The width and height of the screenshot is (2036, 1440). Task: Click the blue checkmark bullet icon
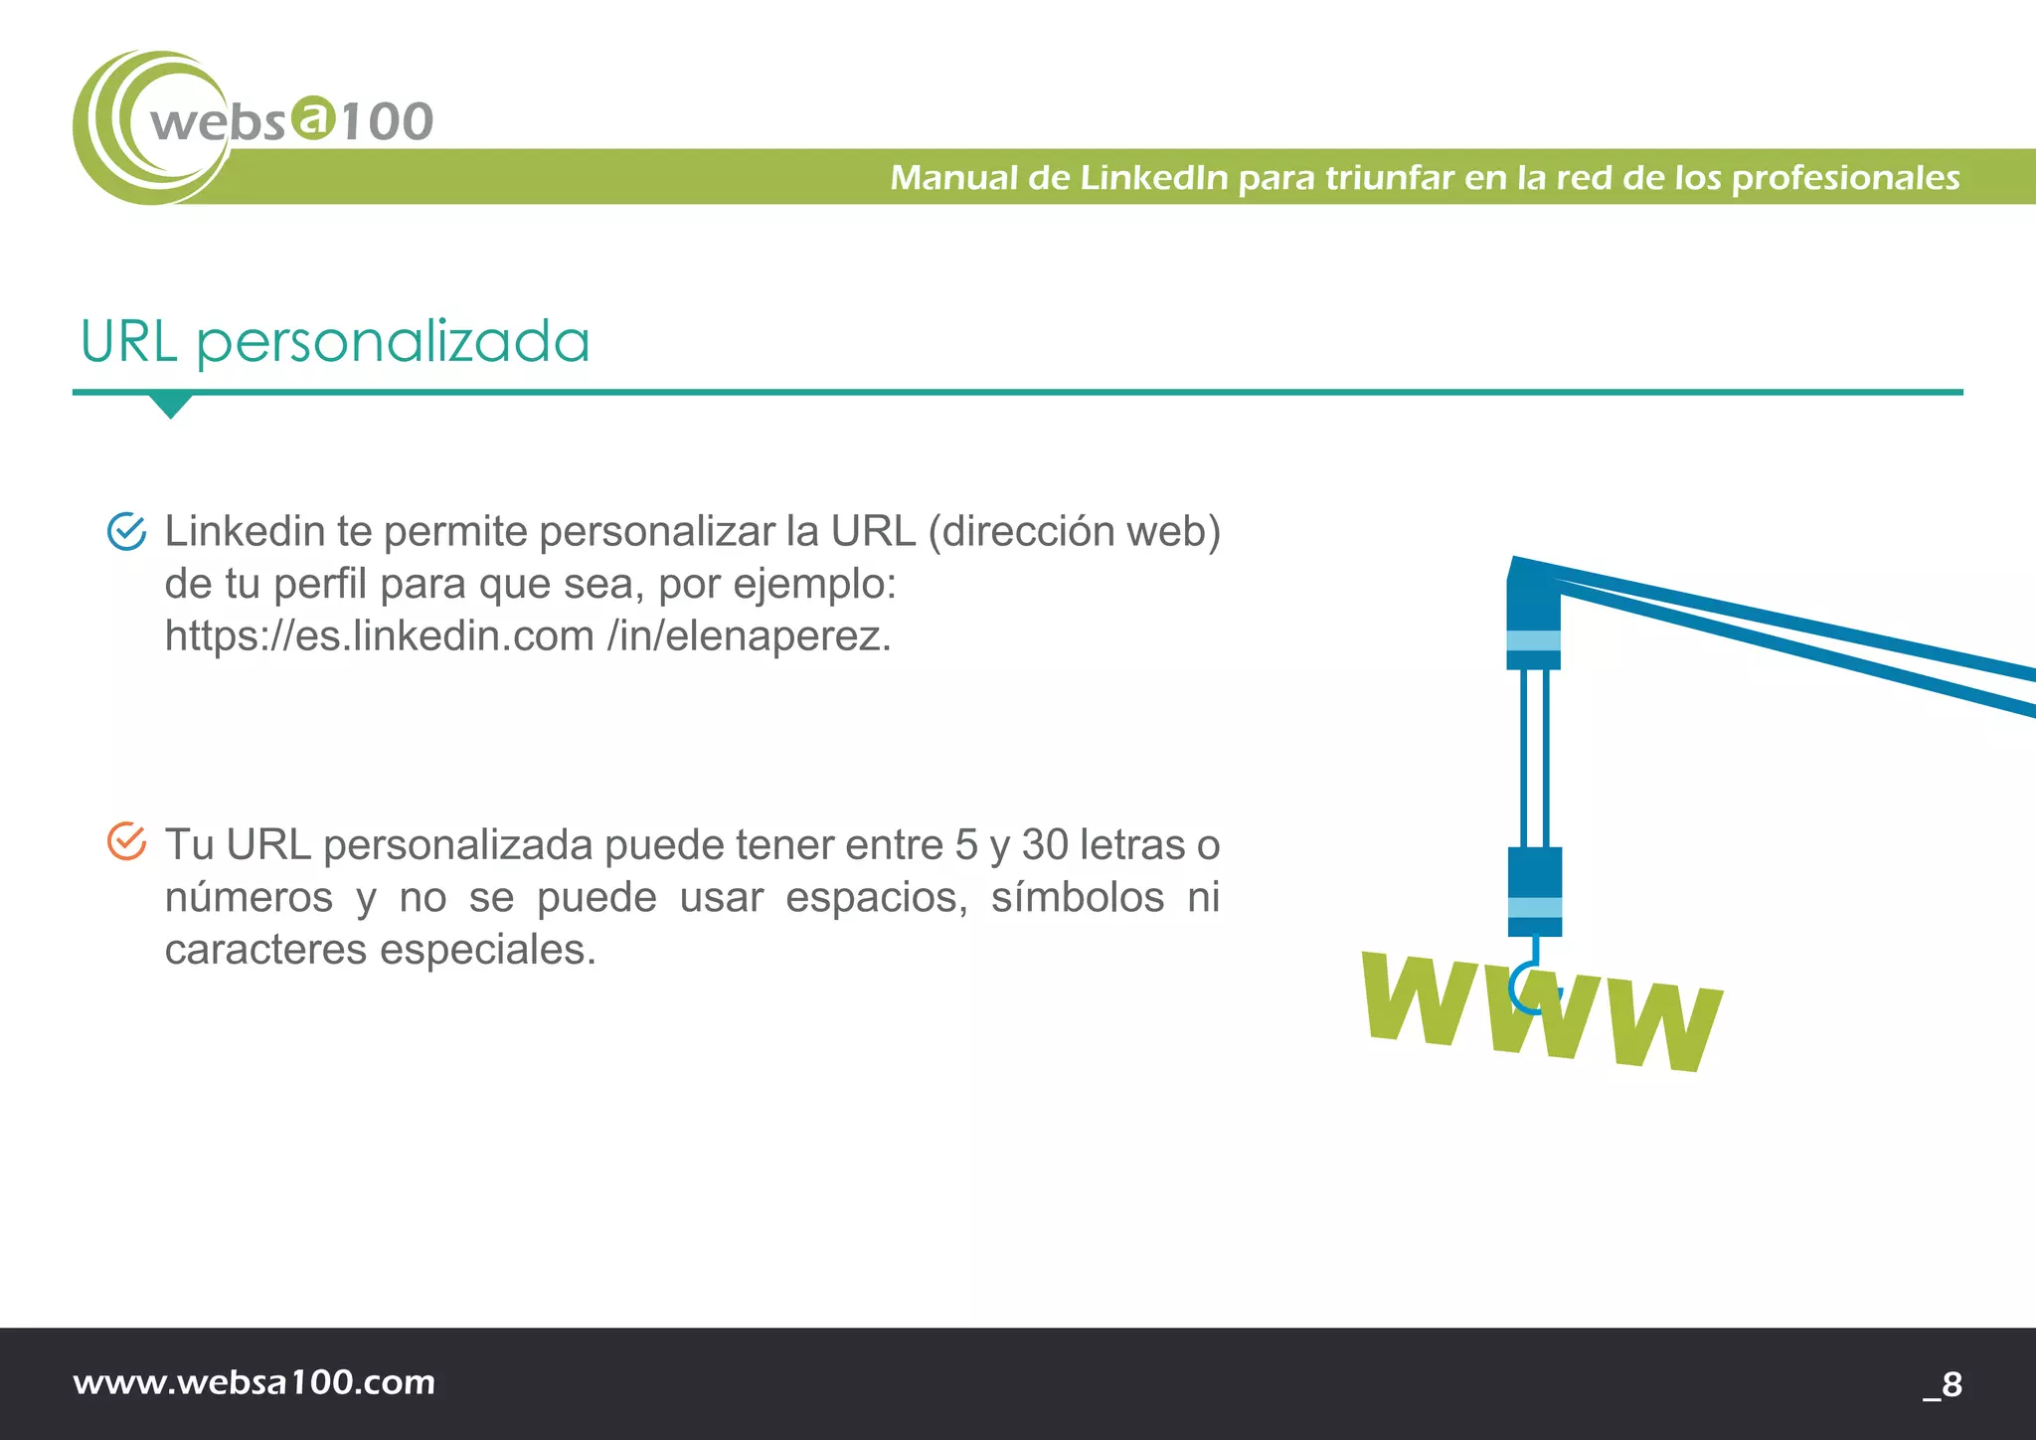(127, 531)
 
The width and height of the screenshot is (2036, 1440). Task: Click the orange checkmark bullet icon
(127, 841)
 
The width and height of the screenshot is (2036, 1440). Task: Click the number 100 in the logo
(388, 122)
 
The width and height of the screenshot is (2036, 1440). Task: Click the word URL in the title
(128, 342)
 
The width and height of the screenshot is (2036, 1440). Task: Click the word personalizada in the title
(393, 344)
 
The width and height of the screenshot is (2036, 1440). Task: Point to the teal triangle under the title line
(170, 405)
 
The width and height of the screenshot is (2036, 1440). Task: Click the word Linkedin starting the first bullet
(245, 531)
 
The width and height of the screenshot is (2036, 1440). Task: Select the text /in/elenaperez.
(750, 635)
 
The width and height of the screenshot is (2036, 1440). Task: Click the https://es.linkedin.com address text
(380, 635)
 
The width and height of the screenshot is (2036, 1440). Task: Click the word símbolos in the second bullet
(1078, 897)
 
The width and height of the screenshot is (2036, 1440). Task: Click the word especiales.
(488, 950)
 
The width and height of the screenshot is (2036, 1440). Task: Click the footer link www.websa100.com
(254, 1382)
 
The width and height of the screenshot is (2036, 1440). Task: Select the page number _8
(1943, 1383)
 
